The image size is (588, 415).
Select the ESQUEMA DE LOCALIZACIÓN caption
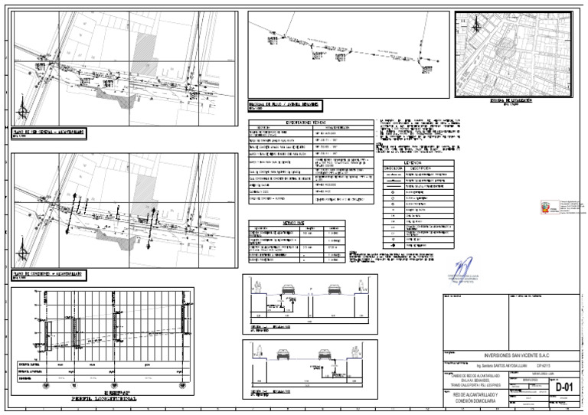511,100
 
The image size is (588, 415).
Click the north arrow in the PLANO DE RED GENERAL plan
24,109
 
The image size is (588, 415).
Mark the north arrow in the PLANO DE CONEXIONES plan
24,250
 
